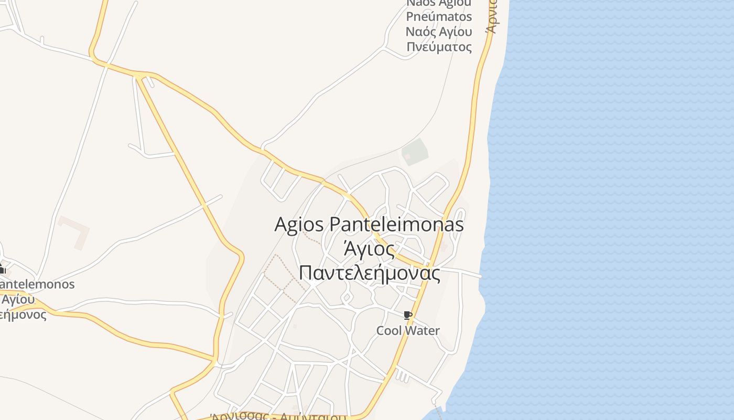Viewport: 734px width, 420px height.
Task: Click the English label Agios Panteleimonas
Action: (x=369, y=225)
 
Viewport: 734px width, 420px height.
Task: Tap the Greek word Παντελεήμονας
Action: (x=369, y=273)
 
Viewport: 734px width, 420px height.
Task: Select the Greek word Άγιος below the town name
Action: (x=369, y=249)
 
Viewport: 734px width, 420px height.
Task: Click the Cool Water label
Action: (x=408, y=331)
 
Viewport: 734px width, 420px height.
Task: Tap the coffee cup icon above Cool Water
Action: (x=408, y=315)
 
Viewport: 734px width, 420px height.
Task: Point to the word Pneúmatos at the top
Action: (x=439, y=16)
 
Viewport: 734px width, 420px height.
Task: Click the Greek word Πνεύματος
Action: (x=439, y=47)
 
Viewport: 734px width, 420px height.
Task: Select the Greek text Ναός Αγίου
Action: (x=439, y=31)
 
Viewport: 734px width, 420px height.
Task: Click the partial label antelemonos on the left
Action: (x=38, y=285)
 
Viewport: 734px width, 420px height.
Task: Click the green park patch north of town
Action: (x=415, y=151)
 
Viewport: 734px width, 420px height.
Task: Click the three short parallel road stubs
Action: (x=402, y=375)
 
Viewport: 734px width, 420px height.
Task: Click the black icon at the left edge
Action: (x=2, y=270)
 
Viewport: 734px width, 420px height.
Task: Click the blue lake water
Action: (x=603, y=210)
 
